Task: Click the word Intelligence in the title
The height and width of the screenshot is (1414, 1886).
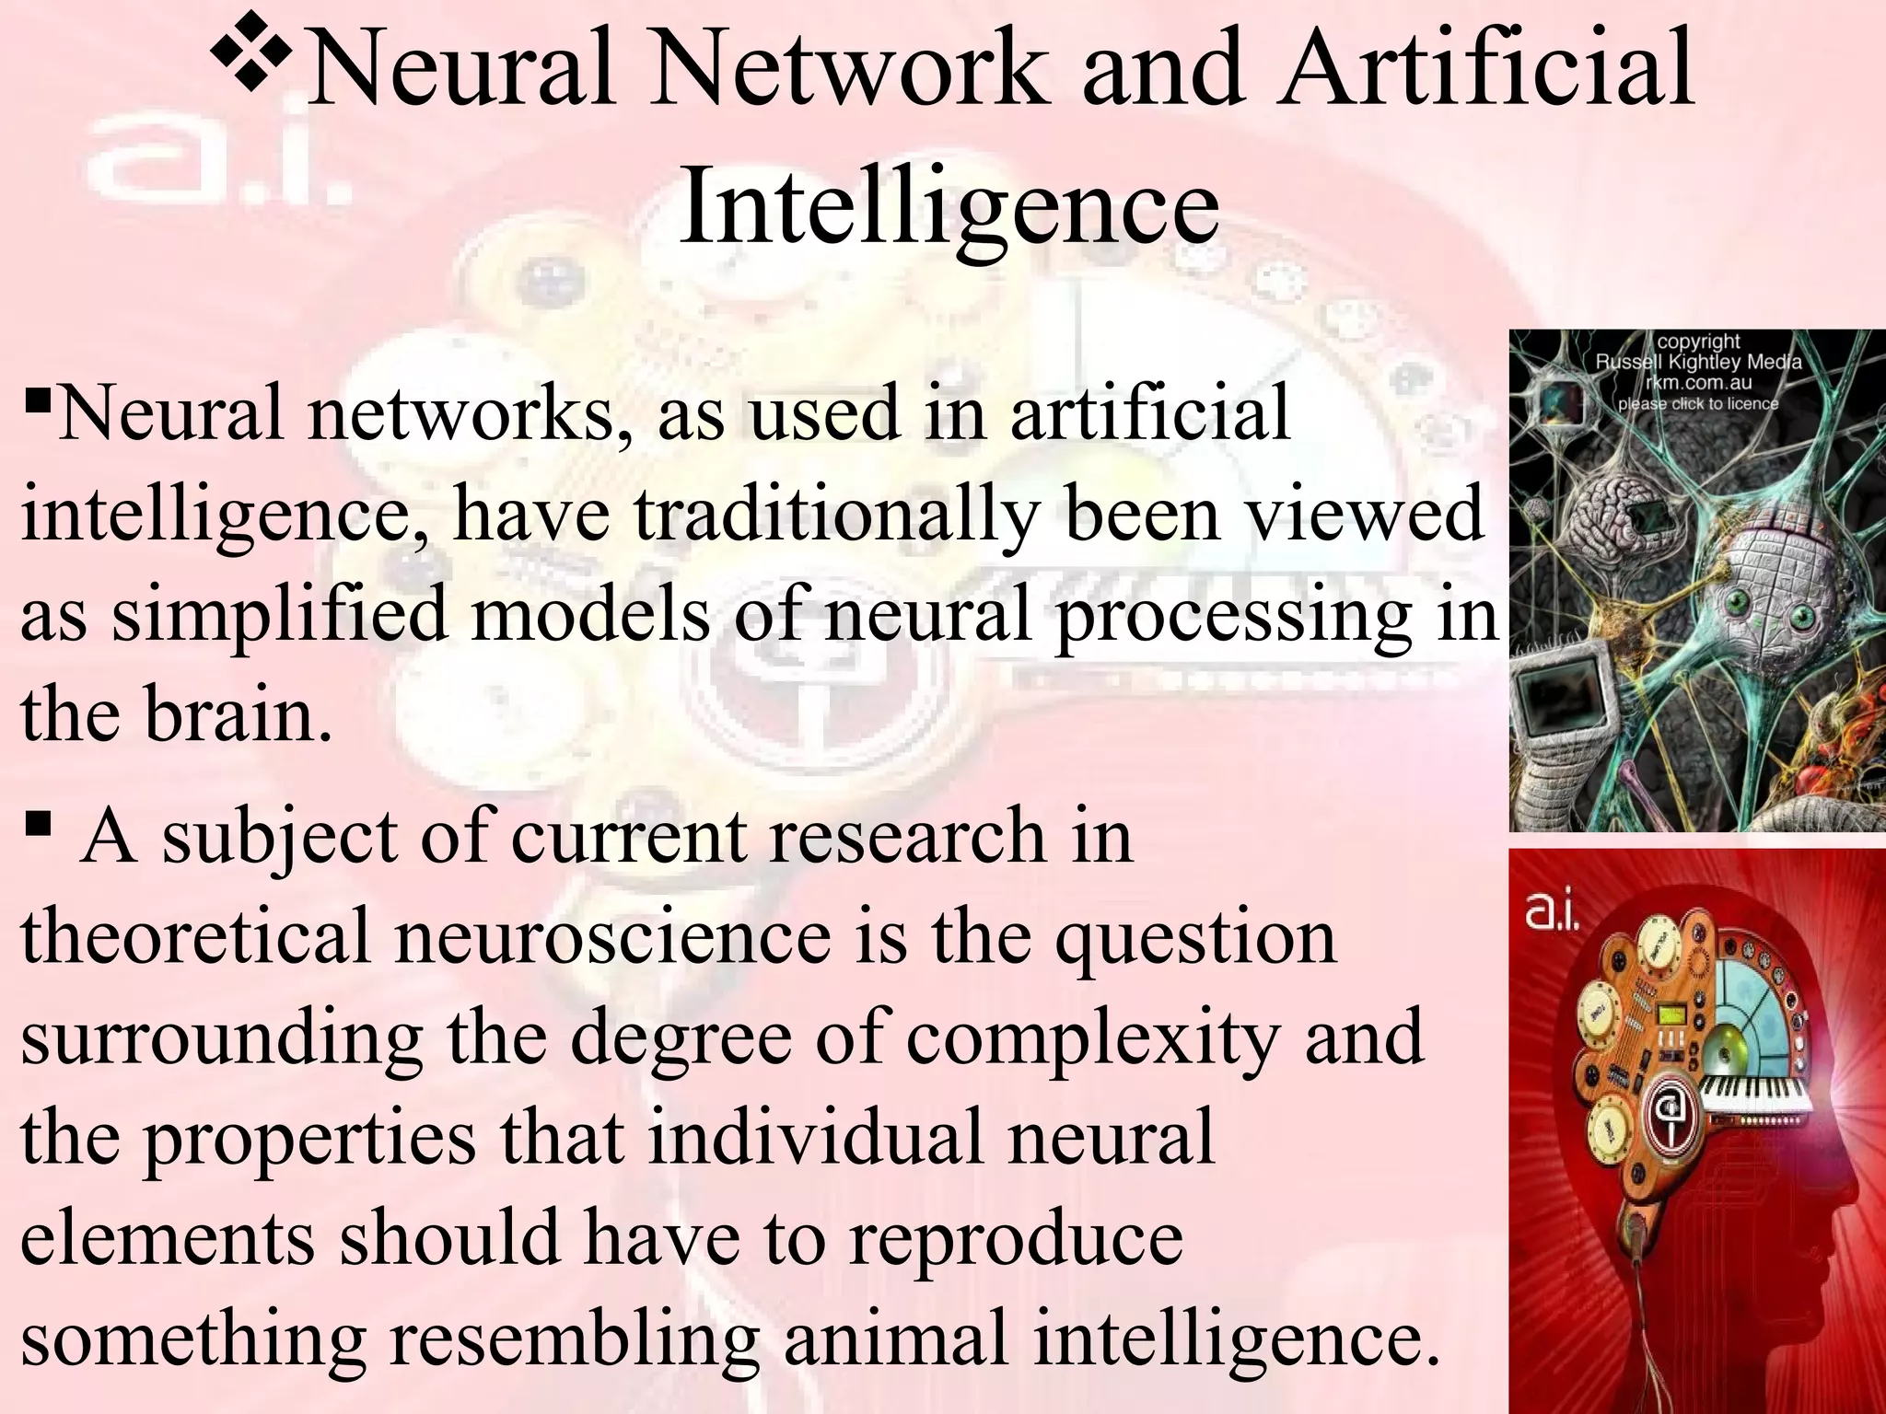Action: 949,207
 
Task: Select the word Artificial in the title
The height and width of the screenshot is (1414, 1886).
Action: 1487,69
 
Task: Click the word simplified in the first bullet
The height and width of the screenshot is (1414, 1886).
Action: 279,614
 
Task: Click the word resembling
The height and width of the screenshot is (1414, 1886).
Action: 575,1339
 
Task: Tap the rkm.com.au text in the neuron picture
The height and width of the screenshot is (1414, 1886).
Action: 1699,383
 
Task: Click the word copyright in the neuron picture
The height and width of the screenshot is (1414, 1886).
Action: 1699,342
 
